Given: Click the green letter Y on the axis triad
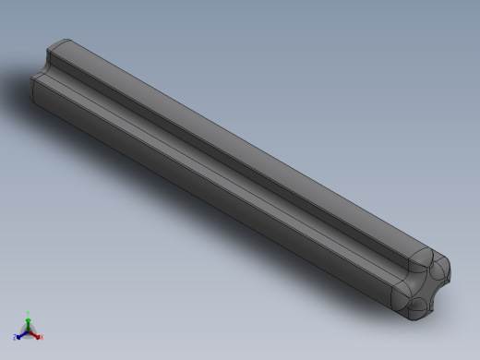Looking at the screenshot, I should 29,314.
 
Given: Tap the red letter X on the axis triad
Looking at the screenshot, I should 42,337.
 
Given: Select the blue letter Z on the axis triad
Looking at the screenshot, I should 15,338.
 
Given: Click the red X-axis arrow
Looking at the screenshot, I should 35,334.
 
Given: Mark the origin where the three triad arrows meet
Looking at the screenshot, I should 29,330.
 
